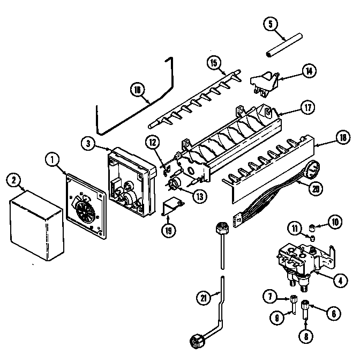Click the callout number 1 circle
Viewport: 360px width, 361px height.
[x=51, y=159]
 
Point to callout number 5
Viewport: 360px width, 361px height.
[x=271, y=24]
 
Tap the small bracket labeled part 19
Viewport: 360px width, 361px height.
[x=173, y=207]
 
